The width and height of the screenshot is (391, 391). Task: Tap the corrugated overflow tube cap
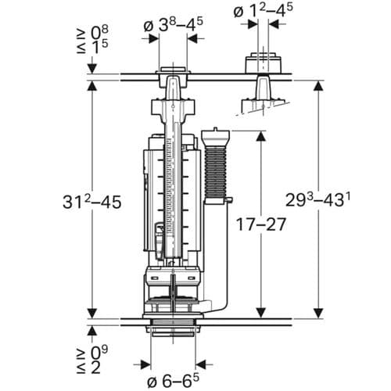(217, 135)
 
